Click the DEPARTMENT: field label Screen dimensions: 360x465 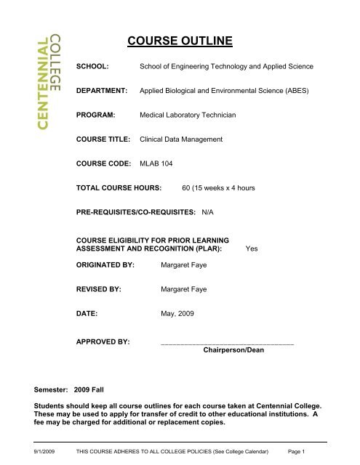click(103, 91)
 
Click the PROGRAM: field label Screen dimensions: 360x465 click(98, 115)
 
